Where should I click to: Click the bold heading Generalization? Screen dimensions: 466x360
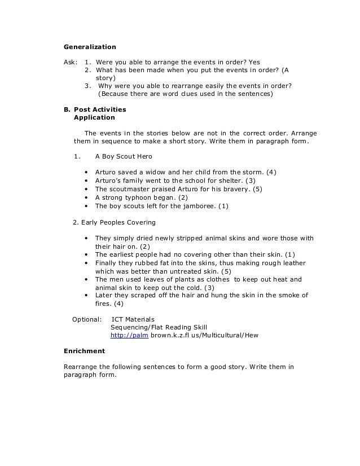[89, 47]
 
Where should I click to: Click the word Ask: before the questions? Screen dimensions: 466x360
[71, 62]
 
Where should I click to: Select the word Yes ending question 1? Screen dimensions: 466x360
[254, 62]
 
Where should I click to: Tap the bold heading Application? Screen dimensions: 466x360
[94, 118]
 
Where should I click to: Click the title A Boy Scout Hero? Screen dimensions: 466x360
[123, 156]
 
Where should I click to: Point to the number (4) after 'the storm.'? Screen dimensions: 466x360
[271, 172]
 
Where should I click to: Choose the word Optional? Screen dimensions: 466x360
[87, 319]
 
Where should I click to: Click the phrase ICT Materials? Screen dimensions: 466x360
[133, 319]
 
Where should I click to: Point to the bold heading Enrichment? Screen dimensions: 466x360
[84, 351]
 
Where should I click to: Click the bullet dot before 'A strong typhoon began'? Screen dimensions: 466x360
[86, 198]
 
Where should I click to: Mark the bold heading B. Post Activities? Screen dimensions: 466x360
[95, 109]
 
